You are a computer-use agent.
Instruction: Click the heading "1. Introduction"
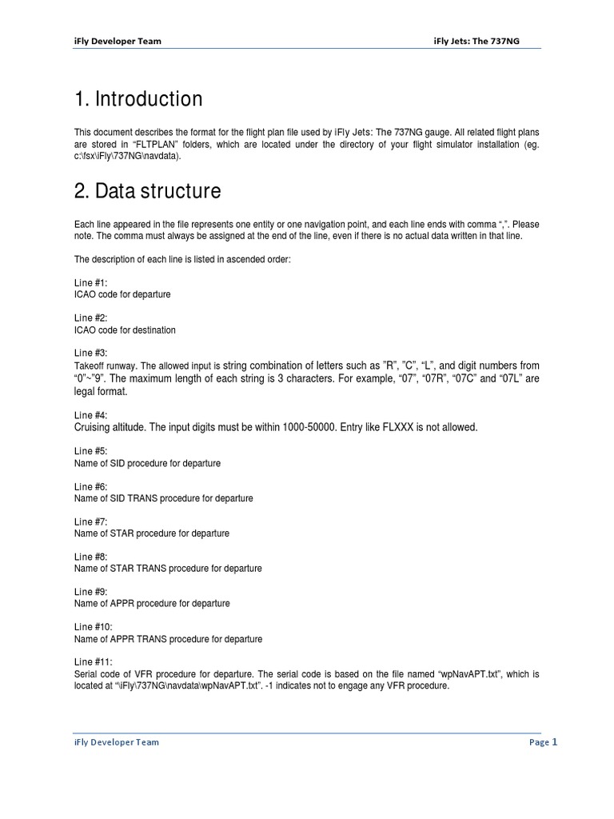[x=138, y=99]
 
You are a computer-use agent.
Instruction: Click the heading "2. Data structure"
[x=147, y=192]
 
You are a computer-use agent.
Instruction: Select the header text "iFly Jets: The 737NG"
[x=476, y=41]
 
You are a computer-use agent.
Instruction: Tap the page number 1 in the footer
[x=554, y=742]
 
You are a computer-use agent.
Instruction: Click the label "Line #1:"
[x=91, y=282]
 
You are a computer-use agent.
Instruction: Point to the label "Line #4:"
[x=91, y=415]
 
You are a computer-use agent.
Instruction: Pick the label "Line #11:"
[x=94, y=661]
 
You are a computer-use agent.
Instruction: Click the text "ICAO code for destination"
[x=125, y=330]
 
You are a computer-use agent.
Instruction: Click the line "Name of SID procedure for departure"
[x=147, y=463]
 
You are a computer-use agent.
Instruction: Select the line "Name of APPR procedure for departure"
[x=152, y=604]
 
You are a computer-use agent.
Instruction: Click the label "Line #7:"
[x=91, y=521]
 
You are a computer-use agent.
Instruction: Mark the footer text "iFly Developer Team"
[x=116, y=742]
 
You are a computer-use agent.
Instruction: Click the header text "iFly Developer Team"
[x=118, y=41]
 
